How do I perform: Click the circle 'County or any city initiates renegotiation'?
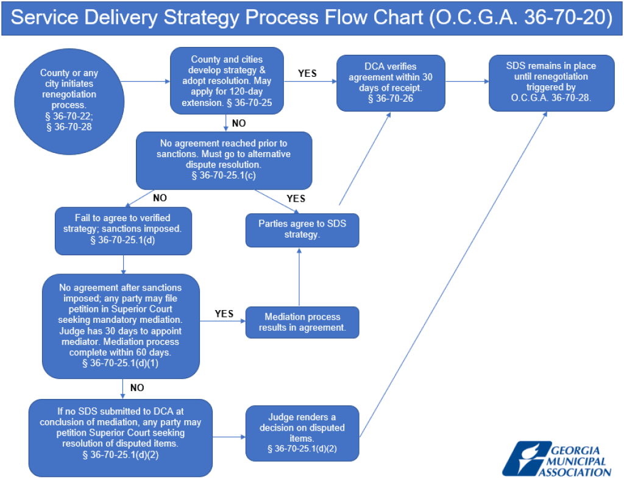[69, 102]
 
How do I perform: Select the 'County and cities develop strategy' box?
[227, 81]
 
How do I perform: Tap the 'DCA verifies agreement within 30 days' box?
[391, 83]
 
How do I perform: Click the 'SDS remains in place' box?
[551, 83]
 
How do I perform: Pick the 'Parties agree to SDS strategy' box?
[302, 230]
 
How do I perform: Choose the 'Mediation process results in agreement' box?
[302, 322]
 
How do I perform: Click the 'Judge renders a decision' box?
[302, 433]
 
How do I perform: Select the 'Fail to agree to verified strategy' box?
[123, 231]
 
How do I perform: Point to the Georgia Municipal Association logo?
[557, 459]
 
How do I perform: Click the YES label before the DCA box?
[307, 74]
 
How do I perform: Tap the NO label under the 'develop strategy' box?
[239, 123]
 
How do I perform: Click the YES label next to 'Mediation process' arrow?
[224, 314]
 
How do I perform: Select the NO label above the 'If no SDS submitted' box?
[137, 388]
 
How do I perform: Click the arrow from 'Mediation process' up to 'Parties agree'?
[299, 277]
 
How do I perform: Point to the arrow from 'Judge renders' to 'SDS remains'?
[453, 274]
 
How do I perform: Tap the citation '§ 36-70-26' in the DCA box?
[391, 99]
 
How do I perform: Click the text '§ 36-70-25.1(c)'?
[224, 175]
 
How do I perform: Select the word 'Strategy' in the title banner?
[202, 18]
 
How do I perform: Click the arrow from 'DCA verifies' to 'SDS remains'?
[467, 82]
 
